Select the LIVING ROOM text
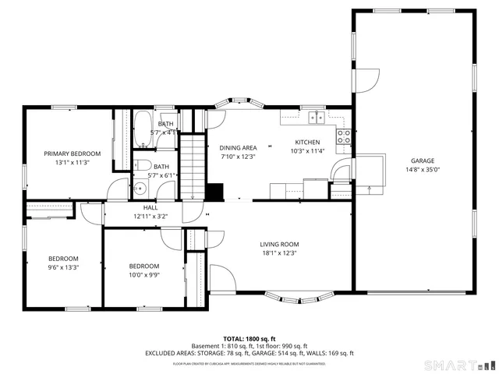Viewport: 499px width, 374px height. [280, 244]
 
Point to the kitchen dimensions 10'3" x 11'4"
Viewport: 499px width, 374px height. [306, 151]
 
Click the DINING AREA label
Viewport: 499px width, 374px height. [238, 147]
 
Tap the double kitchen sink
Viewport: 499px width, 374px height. [317, 118]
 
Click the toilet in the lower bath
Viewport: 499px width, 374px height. [143, 165]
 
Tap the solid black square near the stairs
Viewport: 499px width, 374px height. [215, 191]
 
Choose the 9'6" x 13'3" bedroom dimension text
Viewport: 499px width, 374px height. [64, 267]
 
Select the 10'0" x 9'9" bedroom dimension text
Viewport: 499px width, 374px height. [144, 274]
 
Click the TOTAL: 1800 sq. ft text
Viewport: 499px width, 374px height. [249, 338]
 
